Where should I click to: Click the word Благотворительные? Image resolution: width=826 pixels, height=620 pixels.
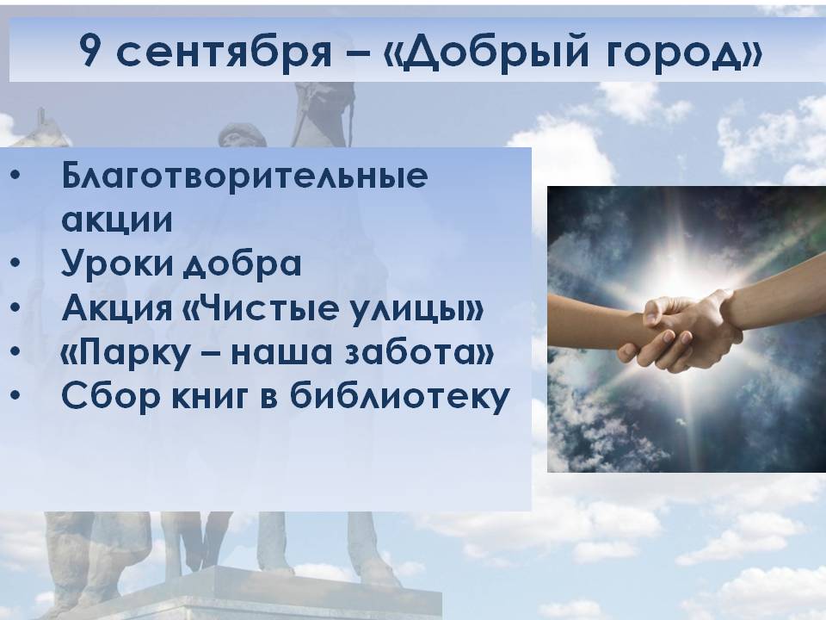click(x=244, y=175)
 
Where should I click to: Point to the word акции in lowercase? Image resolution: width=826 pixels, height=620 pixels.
click(x=117, y=220)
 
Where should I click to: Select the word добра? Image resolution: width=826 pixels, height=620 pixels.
click(x=241, y=263)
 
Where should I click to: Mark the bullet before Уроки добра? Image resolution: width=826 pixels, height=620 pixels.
click(x=15, y=262)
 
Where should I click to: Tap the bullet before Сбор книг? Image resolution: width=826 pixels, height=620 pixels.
click(x=15, y=395)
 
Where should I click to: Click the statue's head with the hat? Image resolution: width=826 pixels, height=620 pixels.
click(x=243, y=135)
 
